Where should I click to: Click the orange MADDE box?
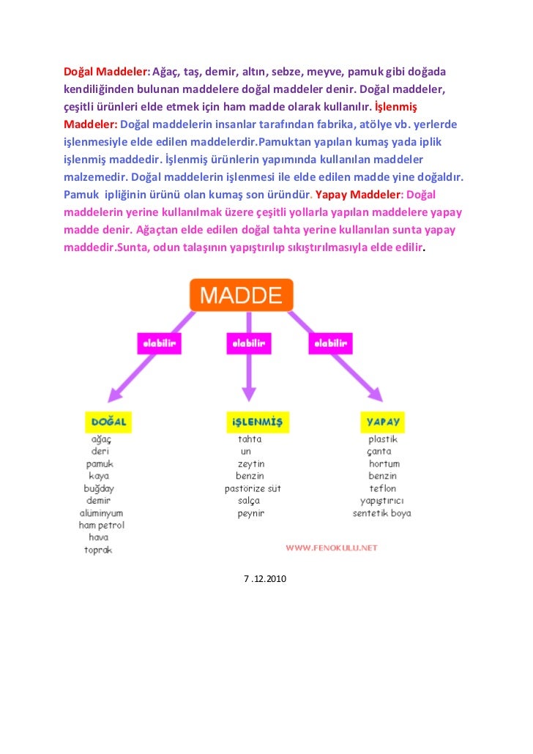tap(241, 295)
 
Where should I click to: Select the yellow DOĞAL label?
tap(109, 422)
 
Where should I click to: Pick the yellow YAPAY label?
tap(383, 422)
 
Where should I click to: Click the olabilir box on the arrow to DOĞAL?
tap(159, 343)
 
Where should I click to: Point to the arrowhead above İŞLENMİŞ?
tap(249, 392)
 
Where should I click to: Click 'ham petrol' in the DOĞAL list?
tap(102, 525)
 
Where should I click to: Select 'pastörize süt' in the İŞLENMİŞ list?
tap(252, 488)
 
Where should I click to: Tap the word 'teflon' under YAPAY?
tap(382, 488)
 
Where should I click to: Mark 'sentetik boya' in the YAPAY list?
tap(381, 513)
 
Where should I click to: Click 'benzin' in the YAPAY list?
tap(382, 476)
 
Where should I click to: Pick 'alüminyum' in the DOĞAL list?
tap(101, 513)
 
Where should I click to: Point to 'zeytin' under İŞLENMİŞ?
tap(250, 464)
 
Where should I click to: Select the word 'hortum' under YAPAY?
tap(384, 464)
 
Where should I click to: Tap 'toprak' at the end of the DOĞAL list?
tap(98, 550)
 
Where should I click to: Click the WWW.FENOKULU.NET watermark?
tap(331, 547)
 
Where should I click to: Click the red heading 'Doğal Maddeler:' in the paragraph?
tap(106, 72)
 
